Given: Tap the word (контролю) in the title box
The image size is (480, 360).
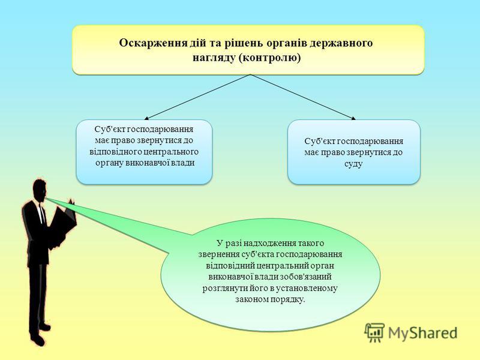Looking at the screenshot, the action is point(269,58).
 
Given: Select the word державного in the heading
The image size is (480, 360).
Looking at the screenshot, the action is point(341,43).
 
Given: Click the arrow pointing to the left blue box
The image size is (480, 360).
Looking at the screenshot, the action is point(197,97).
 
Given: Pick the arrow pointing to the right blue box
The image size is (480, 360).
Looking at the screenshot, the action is point(303,97).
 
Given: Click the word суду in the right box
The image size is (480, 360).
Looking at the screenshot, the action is point(353,164).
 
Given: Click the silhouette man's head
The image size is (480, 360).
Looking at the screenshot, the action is point(40,190).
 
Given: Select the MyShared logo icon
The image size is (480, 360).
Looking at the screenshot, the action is point(374,332).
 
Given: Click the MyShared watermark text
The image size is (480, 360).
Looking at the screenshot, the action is point(423,333).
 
